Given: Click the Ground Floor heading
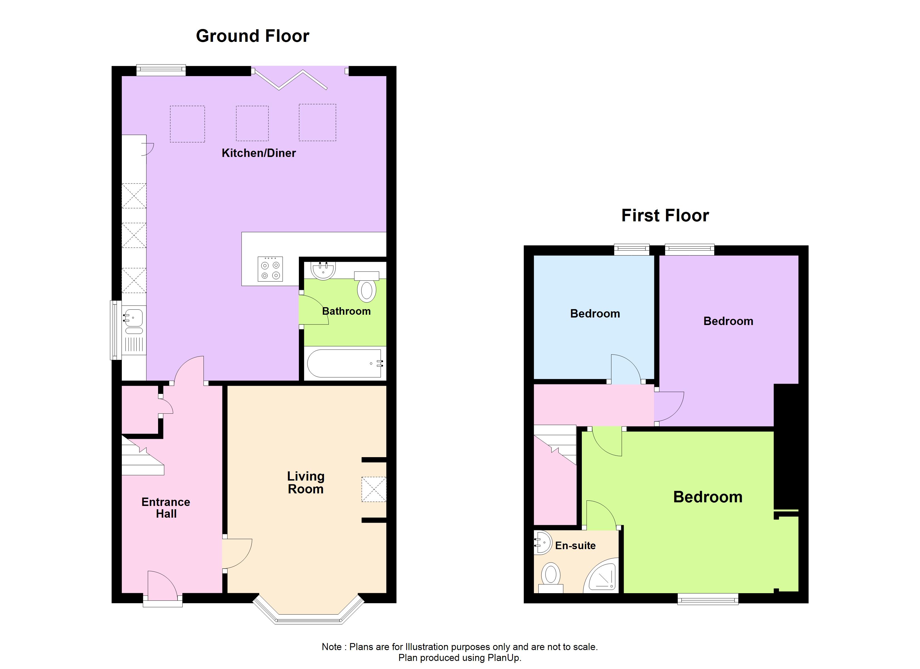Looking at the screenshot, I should point(252,36).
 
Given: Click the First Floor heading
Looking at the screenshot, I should point(665,215).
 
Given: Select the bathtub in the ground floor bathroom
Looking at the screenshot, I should point(344,363).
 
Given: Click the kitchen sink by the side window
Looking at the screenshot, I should point(133,317).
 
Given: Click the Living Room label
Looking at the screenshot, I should point(306,483).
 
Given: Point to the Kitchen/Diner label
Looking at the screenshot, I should point(258,153).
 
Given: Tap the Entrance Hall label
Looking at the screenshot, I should point(166,508).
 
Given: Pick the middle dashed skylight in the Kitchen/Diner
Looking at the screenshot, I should point(252,123).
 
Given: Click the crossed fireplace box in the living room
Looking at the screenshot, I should point(374,490).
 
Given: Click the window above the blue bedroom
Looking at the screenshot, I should point(631,249).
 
